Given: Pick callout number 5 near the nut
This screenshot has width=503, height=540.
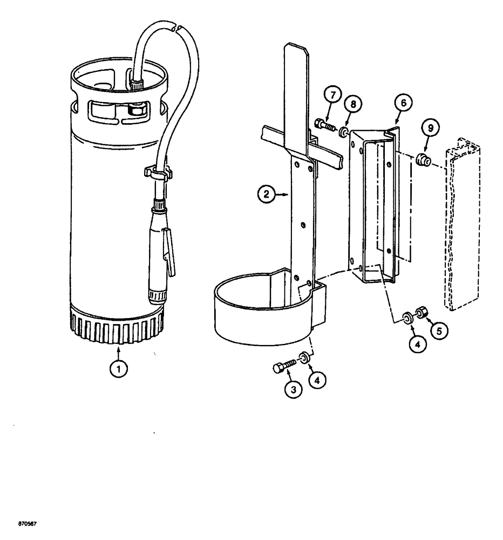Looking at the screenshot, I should [x=438, y=330].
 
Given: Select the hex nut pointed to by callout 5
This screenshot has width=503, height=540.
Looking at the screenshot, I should [x=423, y=313].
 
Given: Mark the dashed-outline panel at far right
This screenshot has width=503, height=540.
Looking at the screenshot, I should [x=462, y=227].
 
